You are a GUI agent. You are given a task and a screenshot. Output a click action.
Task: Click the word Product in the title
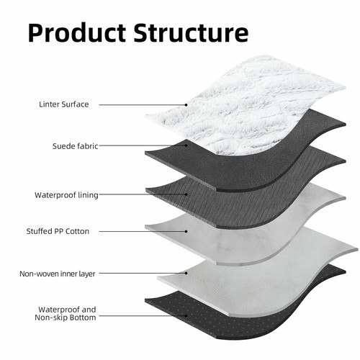[x=77, y=33]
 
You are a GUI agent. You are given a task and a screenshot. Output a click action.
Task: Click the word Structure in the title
[x=191, y=33]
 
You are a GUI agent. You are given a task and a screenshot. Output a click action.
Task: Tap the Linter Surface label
[x=64, y=104]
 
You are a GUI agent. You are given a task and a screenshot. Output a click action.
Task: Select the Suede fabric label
[x=76, y=146]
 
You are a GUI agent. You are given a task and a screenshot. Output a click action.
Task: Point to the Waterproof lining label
[x=66, y=195]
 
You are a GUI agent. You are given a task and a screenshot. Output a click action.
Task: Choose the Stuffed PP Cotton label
[x=58, y=231]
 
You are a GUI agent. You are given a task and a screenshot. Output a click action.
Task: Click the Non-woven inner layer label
[x=58, y=274]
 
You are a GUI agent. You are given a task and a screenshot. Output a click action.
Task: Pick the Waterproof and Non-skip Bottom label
[x=66, y=313]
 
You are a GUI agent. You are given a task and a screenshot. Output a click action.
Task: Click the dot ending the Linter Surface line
[x=186, y=105]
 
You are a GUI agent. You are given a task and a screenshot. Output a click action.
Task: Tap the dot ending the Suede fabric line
[x=186, y=145]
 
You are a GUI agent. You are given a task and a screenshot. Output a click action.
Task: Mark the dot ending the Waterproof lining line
[x=186, y=194]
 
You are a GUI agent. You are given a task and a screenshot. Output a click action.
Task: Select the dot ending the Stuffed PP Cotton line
[x=186, y=231]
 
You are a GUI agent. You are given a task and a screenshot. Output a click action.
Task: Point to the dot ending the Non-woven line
[x=186, y=273]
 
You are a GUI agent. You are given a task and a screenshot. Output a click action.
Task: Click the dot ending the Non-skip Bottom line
[x=186, y=316]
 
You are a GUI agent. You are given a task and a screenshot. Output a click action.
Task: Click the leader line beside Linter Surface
[x=143, y=105]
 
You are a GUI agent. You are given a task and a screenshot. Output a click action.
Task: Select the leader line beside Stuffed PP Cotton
[x=143, y=231]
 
